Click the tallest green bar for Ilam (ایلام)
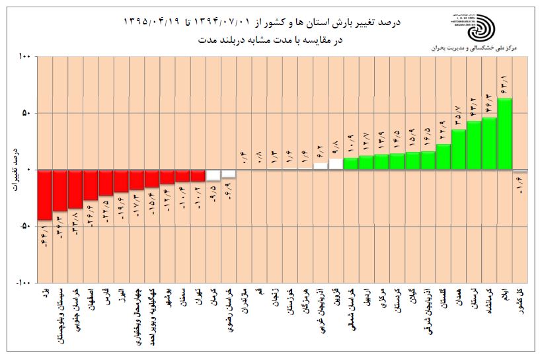click(504, 134)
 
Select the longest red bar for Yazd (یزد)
click(44, 195)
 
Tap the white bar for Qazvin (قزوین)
click(336, 164)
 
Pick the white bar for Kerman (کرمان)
click(213, 175)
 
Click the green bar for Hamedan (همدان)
click(459, 149)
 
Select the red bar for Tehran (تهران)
click(198, 176)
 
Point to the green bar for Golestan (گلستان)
click(444, 157)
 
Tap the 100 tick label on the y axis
click(24, 57)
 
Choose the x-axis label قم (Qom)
click(259, 291)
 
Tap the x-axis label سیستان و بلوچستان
click(60, 316)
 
